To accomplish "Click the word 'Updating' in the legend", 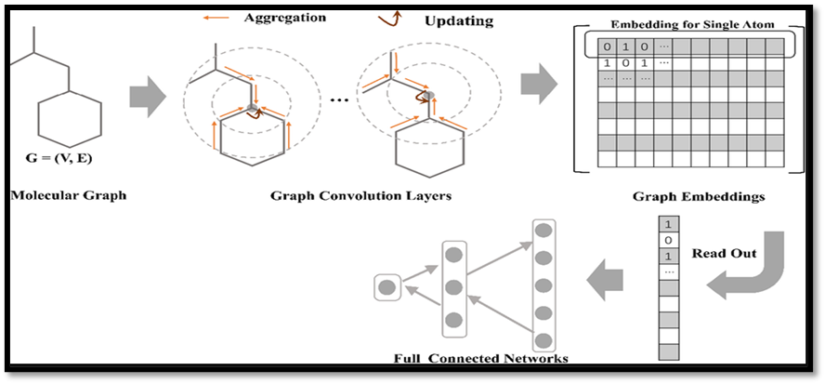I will point(458,20).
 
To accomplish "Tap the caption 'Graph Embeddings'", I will point(684,197).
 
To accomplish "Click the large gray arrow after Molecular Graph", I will point(148,94).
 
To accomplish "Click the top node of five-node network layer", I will point(544,230).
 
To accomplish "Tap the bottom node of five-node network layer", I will point(544,340).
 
